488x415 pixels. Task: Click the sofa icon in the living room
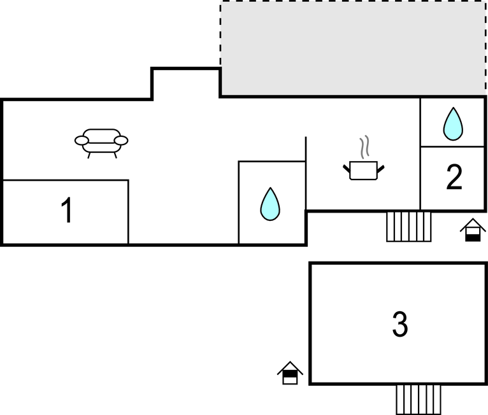tap(101, 143)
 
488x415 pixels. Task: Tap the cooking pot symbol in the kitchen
tap(364, 171)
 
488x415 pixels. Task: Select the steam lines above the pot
tap(364, 147)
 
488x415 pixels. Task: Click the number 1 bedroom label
tap(68, 210)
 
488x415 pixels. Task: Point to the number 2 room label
tap(454, 176)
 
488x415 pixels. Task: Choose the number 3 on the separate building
tap(400, 324)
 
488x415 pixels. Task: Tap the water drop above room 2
tap(453, 123)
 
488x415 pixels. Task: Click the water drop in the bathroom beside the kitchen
tap(270, 204)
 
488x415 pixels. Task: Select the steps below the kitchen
tap(409, 227)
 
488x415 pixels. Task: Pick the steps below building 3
tap(419, 400)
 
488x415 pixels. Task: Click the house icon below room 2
tap(473, 230)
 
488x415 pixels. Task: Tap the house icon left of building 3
tap(290, 373)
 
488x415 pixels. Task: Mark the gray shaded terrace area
tap(353, 48)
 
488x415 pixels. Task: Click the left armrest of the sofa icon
tap(82, 141)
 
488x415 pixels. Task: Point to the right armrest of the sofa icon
tap(121, 141)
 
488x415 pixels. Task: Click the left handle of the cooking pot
tap(347, 169)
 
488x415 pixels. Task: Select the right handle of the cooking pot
tap(380, 169)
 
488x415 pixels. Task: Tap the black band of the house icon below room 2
tap(473, 238)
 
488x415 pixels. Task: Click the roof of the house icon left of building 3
tap(290, 368)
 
